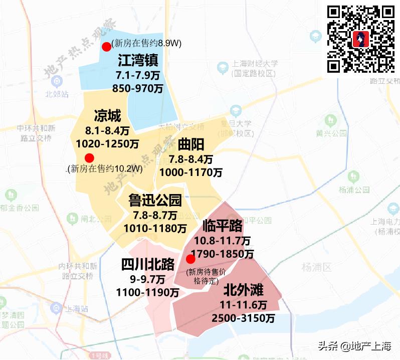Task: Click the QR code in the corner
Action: pos(361,39)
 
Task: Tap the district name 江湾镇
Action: pos(138,61)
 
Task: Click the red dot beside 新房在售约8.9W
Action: pos(106,47)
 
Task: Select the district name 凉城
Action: pos(107,117)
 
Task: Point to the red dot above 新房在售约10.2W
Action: pos(89,157)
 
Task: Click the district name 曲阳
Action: pos(191,145)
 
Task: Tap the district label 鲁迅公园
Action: pos(155,201)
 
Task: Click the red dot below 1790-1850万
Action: pos(190,259)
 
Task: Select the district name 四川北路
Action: pos(148,264)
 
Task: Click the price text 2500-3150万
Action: pos(244,318)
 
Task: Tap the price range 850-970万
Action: pos(139,89)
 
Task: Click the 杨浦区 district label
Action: pos(320,267)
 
